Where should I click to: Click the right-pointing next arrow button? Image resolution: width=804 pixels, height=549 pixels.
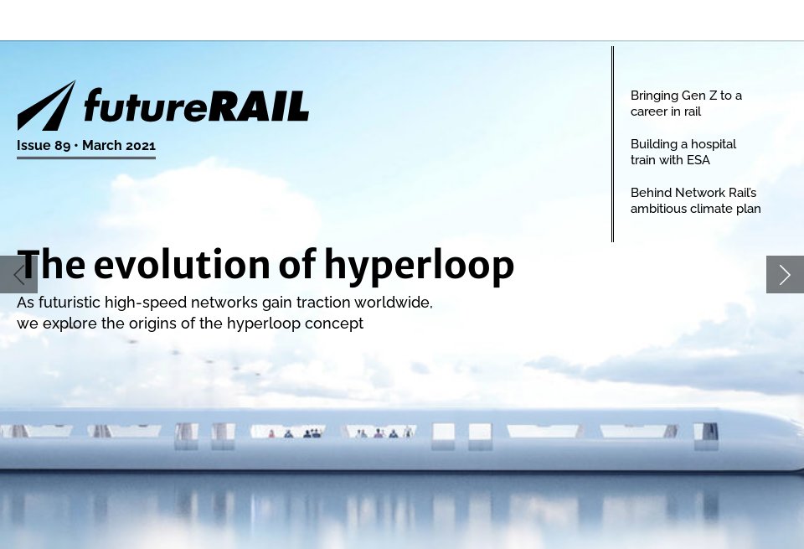point(785,274)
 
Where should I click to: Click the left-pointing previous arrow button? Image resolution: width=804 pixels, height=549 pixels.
point(18,274)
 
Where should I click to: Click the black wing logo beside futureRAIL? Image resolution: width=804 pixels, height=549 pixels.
point(47,106)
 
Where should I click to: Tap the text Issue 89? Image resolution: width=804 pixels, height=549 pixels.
point(44,145)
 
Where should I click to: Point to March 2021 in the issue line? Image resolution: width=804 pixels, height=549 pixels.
point(119,145)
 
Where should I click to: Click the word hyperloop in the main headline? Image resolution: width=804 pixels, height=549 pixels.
point(419,266)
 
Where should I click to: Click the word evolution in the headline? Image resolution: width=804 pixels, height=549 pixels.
point(182,265)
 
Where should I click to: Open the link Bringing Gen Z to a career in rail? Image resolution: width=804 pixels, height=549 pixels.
point(686,103)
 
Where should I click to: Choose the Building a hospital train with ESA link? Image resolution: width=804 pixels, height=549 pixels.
point(683,152)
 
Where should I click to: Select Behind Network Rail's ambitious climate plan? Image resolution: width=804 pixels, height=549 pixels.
point(695,200)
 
